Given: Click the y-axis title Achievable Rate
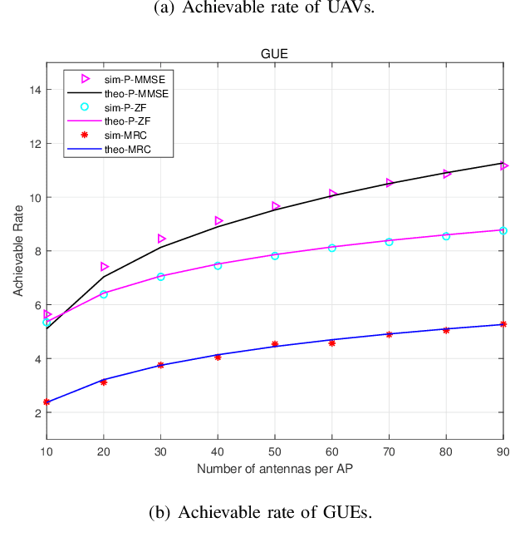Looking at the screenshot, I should click(x=17, y=251).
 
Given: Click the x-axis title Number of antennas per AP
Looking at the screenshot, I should click(x=274, y=470).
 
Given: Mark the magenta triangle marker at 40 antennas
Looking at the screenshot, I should click(x=218, y=221).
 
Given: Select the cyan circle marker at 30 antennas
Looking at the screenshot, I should click(x=161, y=276).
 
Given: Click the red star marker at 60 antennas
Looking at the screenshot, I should click(x=332, y=342).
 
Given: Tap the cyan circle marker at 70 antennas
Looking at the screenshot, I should click(x=390, y=242).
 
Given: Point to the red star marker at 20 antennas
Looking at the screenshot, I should click(x=104, y=382).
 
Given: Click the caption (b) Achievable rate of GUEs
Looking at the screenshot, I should click(x=254, y=512).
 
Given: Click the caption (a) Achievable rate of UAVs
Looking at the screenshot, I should click(x=254, y=8).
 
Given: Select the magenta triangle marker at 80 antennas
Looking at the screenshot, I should click(x=447, y=174).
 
